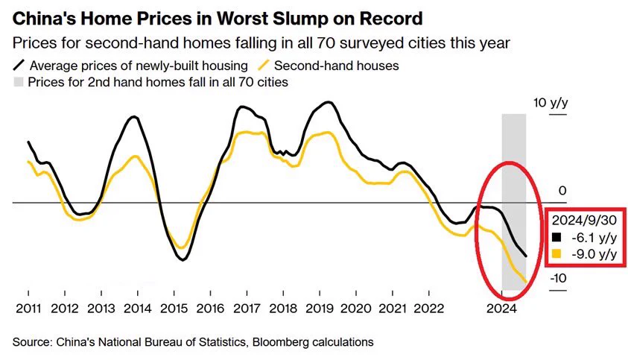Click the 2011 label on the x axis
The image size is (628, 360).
pos(28,309)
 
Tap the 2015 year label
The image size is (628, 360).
pos(174,309)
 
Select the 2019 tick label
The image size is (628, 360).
pos(319,309)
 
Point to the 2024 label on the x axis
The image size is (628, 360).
pos(501,309)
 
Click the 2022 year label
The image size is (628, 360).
pos(428,309)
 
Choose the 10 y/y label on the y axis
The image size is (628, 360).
pos(551,103)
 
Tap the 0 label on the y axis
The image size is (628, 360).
pos(562,191)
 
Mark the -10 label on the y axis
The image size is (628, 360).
pos(558,278)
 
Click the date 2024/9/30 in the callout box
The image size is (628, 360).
pos(584,220)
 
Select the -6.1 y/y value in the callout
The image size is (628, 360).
pos(594,237)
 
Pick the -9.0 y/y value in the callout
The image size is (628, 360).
pos(594,254)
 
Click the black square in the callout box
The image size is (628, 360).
pos(556,237)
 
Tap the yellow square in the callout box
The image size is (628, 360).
pos(556,253)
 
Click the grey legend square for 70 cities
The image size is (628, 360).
pos(19,82)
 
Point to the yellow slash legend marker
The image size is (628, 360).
pos(264,66)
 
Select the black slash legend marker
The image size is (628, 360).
pos(19,66)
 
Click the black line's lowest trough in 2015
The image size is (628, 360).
pos(183,260)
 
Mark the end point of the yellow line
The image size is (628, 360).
pos(526,282)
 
